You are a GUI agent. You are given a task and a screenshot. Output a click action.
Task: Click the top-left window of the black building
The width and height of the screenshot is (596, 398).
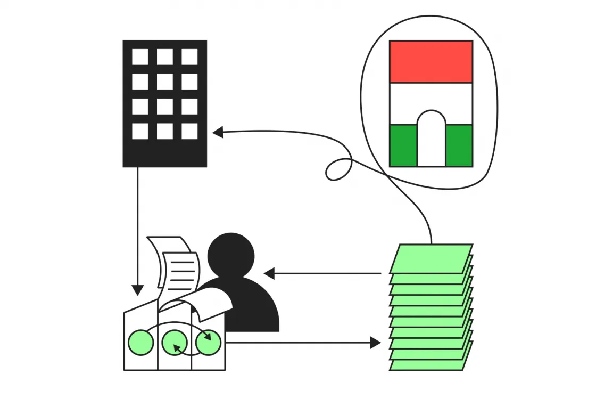click(x=140, y=57)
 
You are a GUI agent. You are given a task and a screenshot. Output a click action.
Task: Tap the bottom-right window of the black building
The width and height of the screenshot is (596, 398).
click(x=189, y=131)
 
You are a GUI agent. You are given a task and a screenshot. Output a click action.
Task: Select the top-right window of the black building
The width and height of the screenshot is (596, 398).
click(x=189, y=57)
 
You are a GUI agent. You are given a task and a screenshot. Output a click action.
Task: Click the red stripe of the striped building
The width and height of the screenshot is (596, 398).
click(x=431, y=62)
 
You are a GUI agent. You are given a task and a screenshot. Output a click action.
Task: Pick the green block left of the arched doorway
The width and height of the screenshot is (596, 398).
click(x=403, y=145)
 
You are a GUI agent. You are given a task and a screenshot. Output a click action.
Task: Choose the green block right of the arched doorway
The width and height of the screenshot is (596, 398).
click(x=459, y=145)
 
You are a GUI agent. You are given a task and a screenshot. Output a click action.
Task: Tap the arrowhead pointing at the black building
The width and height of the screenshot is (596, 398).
click(x=218, y=132)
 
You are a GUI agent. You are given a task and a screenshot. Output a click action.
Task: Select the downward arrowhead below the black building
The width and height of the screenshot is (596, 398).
click(x=137, y=290)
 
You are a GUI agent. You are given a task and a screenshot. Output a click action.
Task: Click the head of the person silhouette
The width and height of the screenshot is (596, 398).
click(x=231, y=254)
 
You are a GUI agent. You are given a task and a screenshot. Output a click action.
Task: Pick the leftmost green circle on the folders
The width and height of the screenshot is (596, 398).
click(x=141, y=343)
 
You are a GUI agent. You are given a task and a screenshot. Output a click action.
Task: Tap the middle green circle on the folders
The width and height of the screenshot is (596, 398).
click(x=175, y=343)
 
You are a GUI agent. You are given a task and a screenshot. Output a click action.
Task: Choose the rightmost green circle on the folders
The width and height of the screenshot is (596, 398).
click(x=208, y=343)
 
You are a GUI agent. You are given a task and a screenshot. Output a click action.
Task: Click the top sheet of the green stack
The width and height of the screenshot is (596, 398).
click(x=431, y=258)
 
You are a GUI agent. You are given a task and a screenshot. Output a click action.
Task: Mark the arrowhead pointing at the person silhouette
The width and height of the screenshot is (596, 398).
click(x=269, y=274)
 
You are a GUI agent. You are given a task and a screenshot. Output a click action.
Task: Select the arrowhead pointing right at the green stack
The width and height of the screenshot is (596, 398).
click(x=375, y=343)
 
